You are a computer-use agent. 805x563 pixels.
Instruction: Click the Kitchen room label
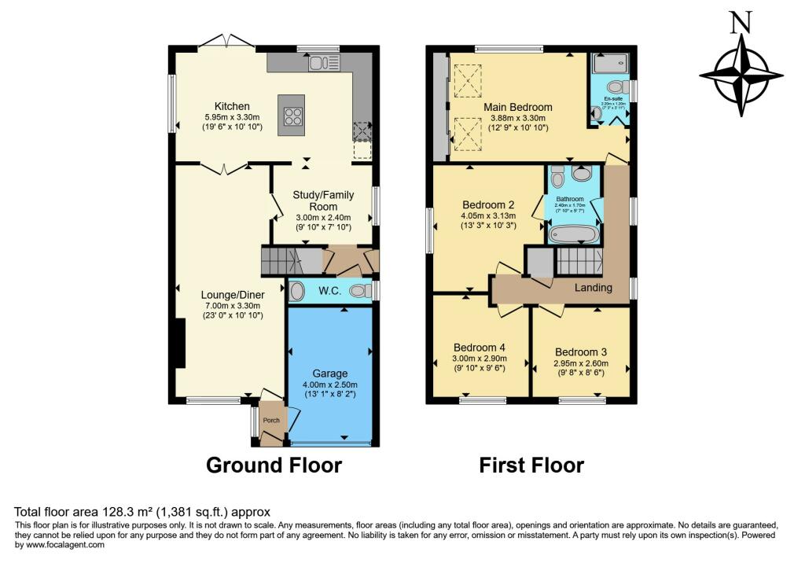[x=232, y=106]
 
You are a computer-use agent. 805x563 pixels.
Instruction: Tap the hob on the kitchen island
[x=293, y=116]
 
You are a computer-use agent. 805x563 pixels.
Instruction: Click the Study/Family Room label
[x=324, y=201]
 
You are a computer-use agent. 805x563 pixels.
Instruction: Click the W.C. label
[x=328, y=292]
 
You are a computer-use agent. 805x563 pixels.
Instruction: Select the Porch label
[x=271, y=421]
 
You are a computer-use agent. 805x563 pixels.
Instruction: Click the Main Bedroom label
[x=517, y=107]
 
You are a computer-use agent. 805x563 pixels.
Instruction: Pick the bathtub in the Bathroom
[x=574, y=234]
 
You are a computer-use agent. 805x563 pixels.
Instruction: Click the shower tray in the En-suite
[x=612, y=63]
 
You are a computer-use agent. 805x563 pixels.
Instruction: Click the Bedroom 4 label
[x=480, y=348]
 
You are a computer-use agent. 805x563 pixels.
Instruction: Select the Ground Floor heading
[x=274, y=465]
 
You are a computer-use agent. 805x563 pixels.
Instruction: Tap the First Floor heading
[x=531, y=465]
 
